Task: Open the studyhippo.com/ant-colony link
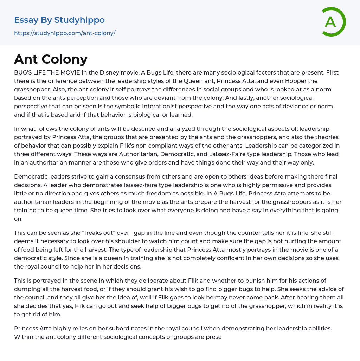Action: click(x=65, y=33)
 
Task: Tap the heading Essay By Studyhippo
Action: click(x=59, y=20)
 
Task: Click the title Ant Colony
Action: click(x=51, y=59)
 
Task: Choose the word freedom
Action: click(x=150, y=193)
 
